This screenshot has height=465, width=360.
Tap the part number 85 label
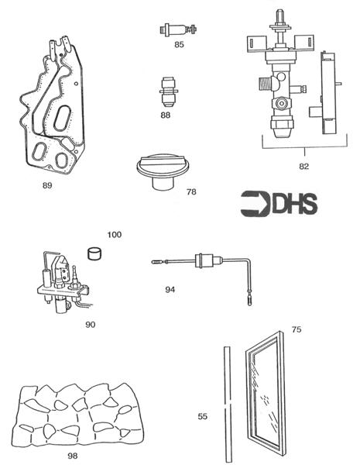[179, 45]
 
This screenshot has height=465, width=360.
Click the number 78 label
[191, 191]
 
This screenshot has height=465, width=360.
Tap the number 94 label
[171, 288]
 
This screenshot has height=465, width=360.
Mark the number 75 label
[296, 330]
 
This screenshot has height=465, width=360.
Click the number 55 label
[203, 416]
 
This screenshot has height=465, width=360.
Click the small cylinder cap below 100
[96, 251]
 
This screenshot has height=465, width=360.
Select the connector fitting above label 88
[166, 93]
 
